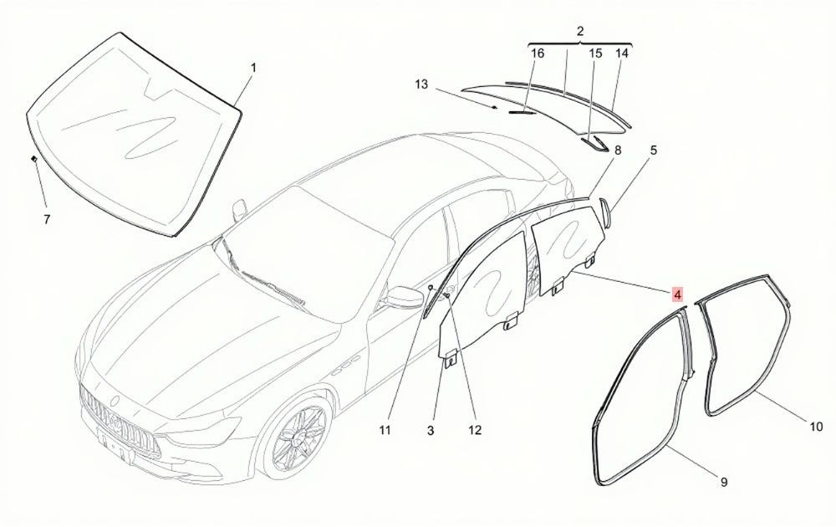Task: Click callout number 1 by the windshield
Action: (x=254, y=68)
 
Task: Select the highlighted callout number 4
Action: (x=677, y=294)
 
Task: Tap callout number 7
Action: (x=47, y=219)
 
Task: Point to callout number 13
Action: (x=421, y=84)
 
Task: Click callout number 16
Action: (x=538, y=54)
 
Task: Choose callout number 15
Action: (x=595, y=54)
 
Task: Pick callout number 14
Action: (x=622, y=54)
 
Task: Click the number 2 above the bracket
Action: (x=580, y=31)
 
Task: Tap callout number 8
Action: (x=618, y=151)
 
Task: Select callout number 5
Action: (x=654, y=151)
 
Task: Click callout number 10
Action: (x=816, y=427)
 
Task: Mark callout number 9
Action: (x=724, y=482)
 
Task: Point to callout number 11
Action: (x=385, y=430)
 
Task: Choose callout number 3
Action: (x=431, y=430)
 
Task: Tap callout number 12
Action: (x=475, y=430)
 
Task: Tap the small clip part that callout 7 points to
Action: (x=34, y=158)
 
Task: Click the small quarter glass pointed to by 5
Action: (x=604, y=211)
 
